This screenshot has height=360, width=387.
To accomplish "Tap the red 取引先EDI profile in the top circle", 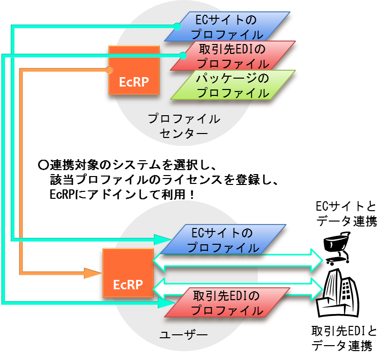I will click(233, 56).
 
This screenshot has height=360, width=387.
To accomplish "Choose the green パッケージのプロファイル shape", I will click(232, 85).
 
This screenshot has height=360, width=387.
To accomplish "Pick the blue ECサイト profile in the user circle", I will click(225, 239).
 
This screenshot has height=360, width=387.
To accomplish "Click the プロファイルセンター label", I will click(184, 126).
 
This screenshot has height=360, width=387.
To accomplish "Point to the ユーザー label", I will click(184, 335).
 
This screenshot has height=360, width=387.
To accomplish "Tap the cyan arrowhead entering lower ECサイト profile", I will click(162, 239).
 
